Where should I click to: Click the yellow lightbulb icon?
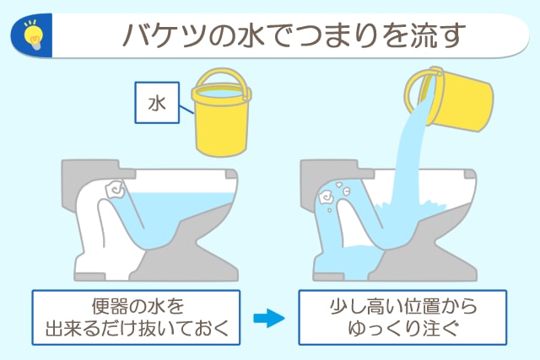point(33,35)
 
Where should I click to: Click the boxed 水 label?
point(157,103)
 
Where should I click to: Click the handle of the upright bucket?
point(221,73)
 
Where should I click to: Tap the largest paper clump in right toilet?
point(326,197)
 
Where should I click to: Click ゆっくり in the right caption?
point(386,328)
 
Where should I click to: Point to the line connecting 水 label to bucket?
point(186,110)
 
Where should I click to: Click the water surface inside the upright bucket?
point(221,92)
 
